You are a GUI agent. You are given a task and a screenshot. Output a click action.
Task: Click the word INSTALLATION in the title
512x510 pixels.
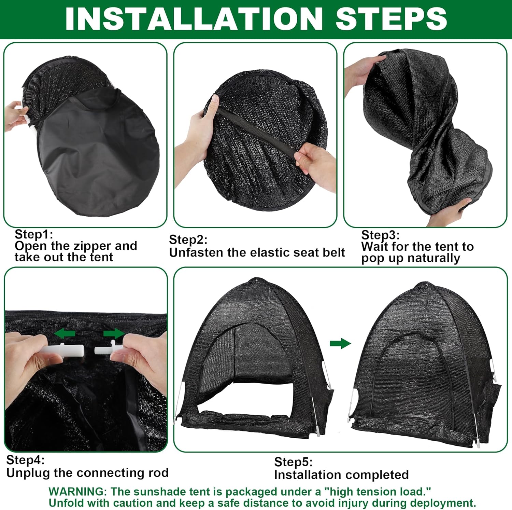[x=194, y=19]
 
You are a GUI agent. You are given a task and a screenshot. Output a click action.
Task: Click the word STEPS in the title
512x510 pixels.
[x=391, y=19]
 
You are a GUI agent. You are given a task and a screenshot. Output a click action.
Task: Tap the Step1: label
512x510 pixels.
[x=34, y=234]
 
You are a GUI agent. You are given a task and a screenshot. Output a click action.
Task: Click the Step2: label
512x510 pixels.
[x=188, y=239]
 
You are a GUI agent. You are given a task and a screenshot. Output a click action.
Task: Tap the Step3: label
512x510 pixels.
[x=380, y=235]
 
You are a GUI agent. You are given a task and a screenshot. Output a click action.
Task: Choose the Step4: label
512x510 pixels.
[x=25, y=460]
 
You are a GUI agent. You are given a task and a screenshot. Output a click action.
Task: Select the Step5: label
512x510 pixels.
[x=294, y=462]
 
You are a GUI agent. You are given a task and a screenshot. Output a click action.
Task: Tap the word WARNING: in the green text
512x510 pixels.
[x=78, y=492]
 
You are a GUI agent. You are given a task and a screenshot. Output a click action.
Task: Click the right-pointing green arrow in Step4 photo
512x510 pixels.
[x=114, y=333]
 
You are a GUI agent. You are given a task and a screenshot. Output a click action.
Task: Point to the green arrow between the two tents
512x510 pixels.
[x=340, y=343]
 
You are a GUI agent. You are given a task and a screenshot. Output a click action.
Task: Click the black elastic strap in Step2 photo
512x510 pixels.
[x=256, y=133]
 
